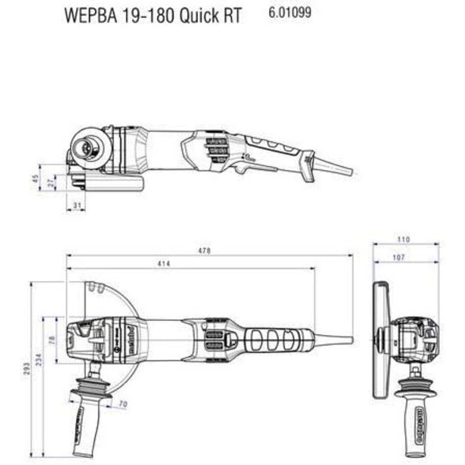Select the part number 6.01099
point(290,12)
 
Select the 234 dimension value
point(40,359)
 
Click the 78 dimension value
point(53,340)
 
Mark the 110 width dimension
point(404,240)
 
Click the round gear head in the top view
point(86,146)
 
